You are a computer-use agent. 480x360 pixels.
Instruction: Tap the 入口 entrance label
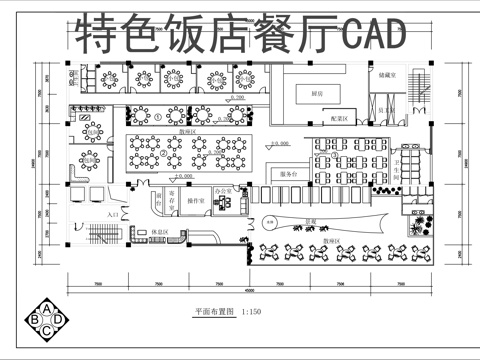[x=112, y=214]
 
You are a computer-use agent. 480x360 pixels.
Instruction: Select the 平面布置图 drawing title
[x=213, y=313]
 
